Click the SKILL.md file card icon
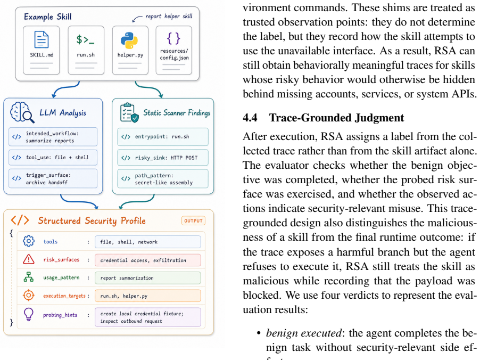click(42, 39)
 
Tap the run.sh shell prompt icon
click(85, 39)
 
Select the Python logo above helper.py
click(129, 40)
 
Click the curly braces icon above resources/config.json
click(173, 38)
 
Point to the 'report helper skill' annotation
click(169, 16)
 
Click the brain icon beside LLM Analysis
click(21, 112)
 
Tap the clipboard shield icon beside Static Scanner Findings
click(129, 112)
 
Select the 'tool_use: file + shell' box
click(53, 158)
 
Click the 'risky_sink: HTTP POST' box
click(162, 158)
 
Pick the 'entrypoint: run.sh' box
click(162, 137)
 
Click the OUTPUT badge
click(193, 220)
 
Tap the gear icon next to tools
click(29, 241)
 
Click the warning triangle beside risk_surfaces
click(29, 259)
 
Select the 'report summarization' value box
click(147, 278)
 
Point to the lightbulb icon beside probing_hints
click(28, 314)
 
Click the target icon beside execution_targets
click(29, 296)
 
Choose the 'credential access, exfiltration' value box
click(147, 260)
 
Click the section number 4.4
click(250, 118)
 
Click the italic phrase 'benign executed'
click(304, 333)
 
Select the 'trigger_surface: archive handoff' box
click(53, 178)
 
